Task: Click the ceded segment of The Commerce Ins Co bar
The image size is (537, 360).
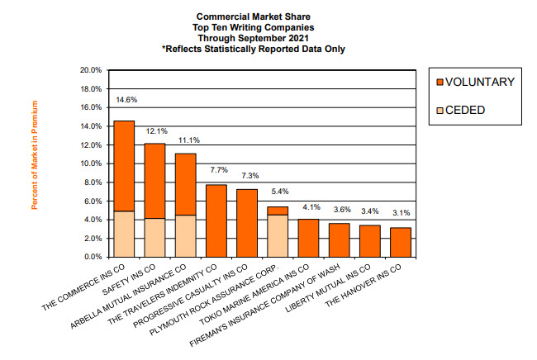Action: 124,234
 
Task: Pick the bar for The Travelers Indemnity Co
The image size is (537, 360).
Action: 216,220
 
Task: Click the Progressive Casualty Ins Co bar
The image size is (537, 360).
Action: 247,223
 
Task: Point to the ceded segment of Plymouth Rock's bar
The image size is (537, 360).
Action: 278,235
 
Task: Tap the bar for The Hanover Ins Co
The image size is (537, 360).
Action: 401,242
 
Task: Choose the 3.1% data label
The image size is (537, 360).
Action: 402,214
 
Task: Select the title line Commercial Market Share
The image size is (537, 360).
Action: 254,16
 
